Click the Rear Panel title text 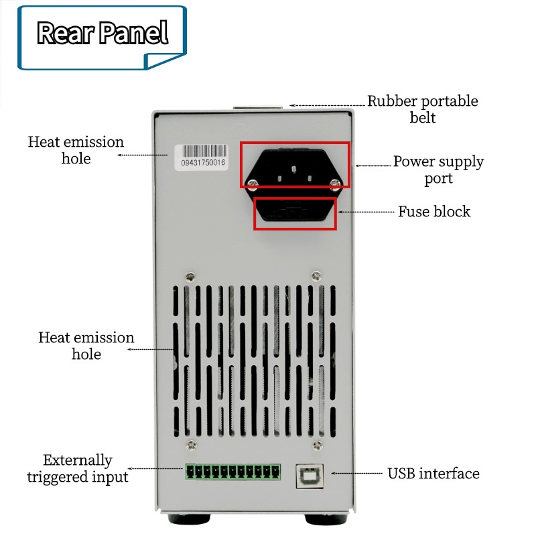point(103,33)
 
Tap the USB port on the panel point(310,476)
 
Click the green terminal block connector point(233,472)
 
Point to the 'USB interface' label point(433,474)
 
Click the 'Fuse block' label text point(434,211)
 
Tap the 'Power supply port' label point(439,170)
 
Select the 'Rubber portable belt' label point(423,109)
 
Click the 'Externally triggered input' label point(78,468)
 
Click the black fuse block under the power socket point(295,210)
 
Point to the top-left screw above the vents point(190,277)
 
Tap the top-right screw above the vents point(316,276)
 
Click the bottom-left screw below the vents point(191,446)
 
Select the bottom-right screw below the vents point(318,445)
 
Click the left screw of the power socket point(253,185)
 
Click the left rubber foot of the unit point(189,519)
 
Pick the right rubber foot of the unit point(326,519)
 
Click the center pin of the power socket point(294,170)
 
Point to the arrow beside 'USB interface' point(356,474)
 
